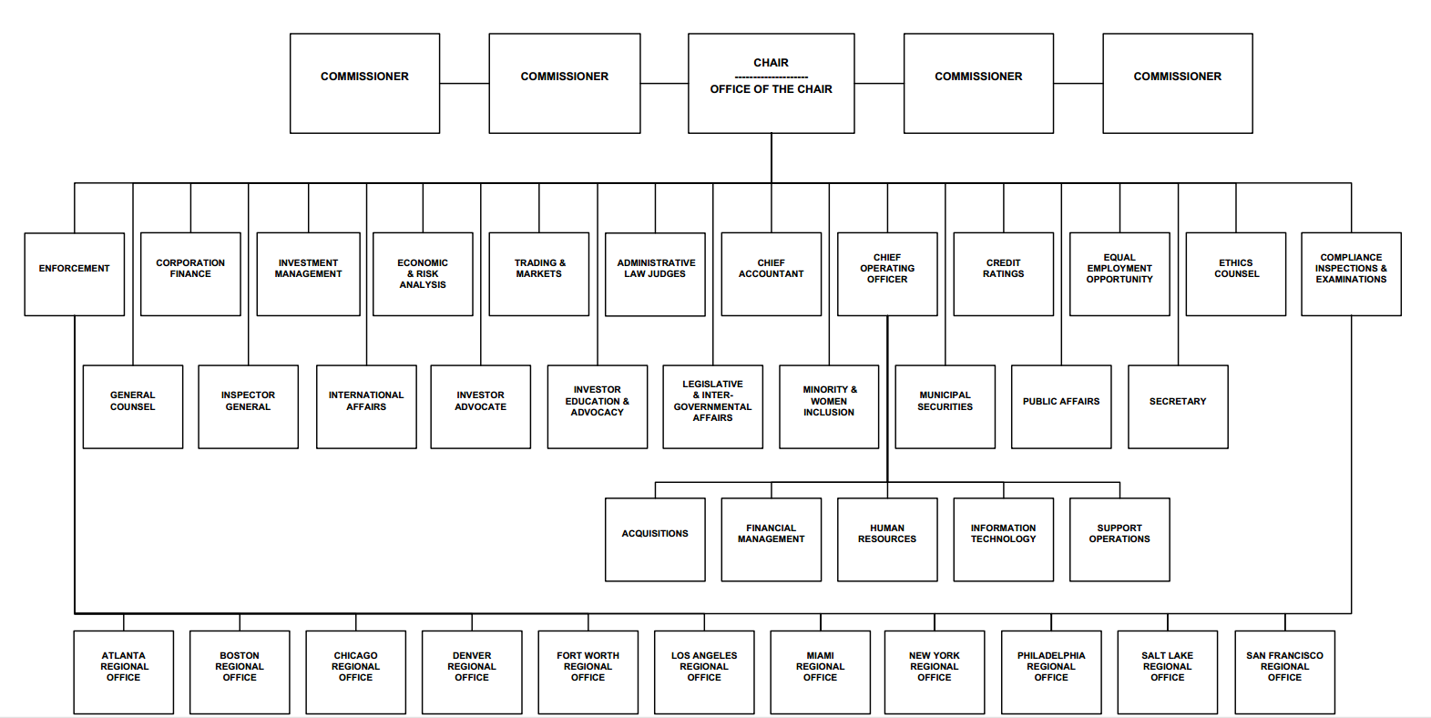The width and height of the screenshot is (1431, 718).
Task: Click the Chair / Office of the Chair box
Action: coord(772,83)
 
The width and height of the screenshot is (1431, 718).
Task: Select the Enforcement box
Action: coord(74,274)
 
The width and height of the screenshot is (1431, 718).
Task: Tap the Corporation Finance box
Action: coord(190,274)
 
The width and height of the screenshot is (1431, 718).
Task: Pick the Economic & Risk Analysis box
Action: coord(423,274)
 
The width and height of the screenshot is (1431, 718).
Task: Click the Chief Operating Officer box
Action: coord(887,274)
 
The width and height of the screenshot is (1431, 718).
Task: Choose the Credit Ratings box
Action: coord(1004,274)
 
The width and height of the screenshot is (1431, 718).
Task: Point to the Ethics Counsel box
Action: coord(1236,274)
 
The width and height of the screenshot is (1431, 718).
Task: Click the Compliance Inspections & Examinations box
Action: coord(1351,274)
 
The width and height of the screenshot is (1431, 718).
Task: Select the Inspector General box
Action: coord(248,407)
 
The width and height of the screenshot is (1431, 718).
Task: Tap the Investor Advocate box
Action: coord(480,407)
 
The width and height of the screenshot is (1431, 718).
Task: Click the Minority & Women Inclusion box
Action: coord(829,407)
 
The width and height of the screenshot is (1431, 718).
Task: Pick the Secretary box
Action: coord(1178,407)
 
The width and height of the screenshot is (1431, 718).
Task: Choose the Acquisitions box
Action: coord(656,539)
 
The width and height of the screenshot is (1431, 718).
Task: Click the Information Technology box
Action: coord(1004,539)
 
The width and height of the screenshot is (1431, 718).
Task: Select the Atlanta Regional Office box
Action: coord(123,672)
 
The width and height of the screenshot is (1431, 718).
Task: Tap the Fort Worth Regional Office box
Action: coord(588,672)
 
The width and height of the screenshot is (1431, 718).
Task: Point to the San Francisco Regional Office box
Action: coord(1284,672)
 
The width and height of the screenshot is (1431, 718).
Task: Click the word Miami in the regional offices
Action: coord(821,655)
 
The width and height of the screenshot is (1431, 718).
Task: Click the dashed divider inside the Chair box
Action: coord(772,77)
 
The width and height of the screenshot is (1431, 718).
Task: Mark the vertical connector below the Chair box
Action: coord(772,159)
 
